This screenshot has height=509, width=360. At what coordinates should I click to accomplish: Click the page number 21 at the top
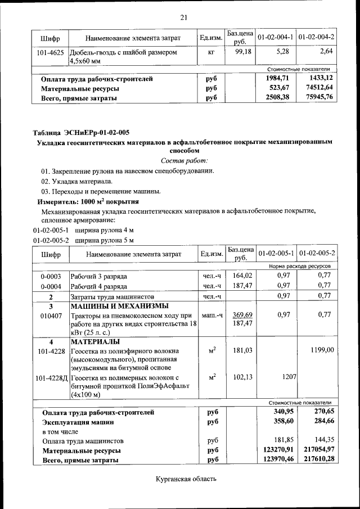pyautogui.click(x=183, y=17)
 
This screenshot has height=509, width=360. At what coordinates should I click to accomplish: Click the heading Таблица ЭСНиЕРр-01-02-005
pyautogui.click(x=81, y=133)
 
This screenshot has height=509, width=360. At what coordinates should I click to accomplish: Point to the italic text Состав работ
pyautogui.click(x=183, y=161)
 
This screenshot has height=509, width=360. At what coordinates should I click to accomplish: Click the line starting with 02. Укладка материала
pyautogui.click(x=76, y=181)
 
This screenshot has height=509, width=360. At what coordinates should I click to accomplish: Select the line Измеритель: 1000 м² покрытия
pyautogui.click(x=88, y=201)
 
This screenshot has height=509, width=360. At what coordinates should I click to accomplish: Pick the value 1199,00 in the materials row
pyautogui.click(x=321, y=350)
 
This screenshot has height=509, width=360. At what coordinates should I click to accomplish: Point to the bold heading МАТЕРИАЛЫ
pyautogui.click(x=94, y=341)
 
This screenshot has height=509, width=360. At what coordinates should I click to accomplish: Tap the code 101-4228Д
pyautogui.click(x=51, y=376)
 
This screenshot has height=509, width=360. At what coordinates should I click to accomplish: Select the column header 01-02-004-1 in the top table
pyautogui.click(x=276, y=37)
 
